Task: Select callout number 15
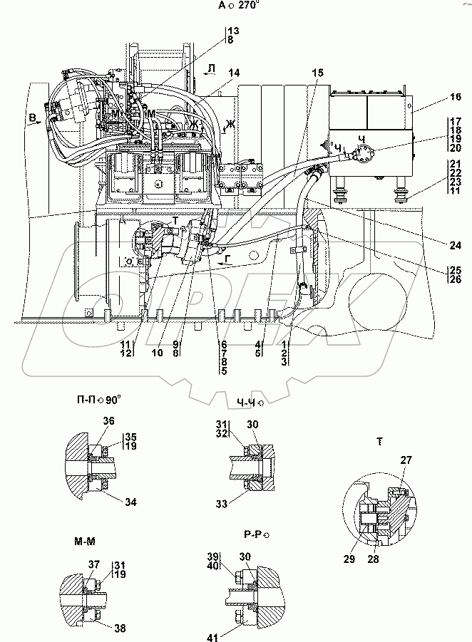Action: [317, 72]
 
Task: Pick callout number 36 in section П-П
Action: [108, 421]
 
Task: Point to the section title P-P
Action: [255, 532]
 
